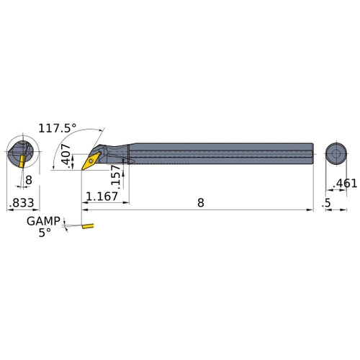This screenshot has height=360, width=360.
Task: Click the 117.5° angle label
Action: pyautogui.click(x=58, y=128)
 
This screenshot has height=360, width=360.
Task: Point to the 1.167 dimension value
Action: pyautogui.click(x=102, y=197)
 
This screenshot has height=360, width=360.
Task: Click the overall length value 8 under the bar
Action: pyautogui.click(x=201, y=203)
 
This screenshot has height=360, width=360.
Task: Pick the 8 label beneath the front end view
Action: pyautogui.click(x=29, y=180)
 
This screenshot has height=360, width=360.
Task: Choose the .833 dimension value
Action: pyautogui.click(x=22, y=203)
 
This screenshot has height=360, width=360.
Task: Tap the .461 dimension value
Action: pyautogui.click(x=345, y=184)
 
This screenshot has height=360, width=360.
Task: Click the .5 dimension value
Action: pyautogui.click(x=326, y=203)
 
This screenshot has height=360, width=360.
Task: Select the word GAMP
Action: pyautogui.click(x=43, y=221)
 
